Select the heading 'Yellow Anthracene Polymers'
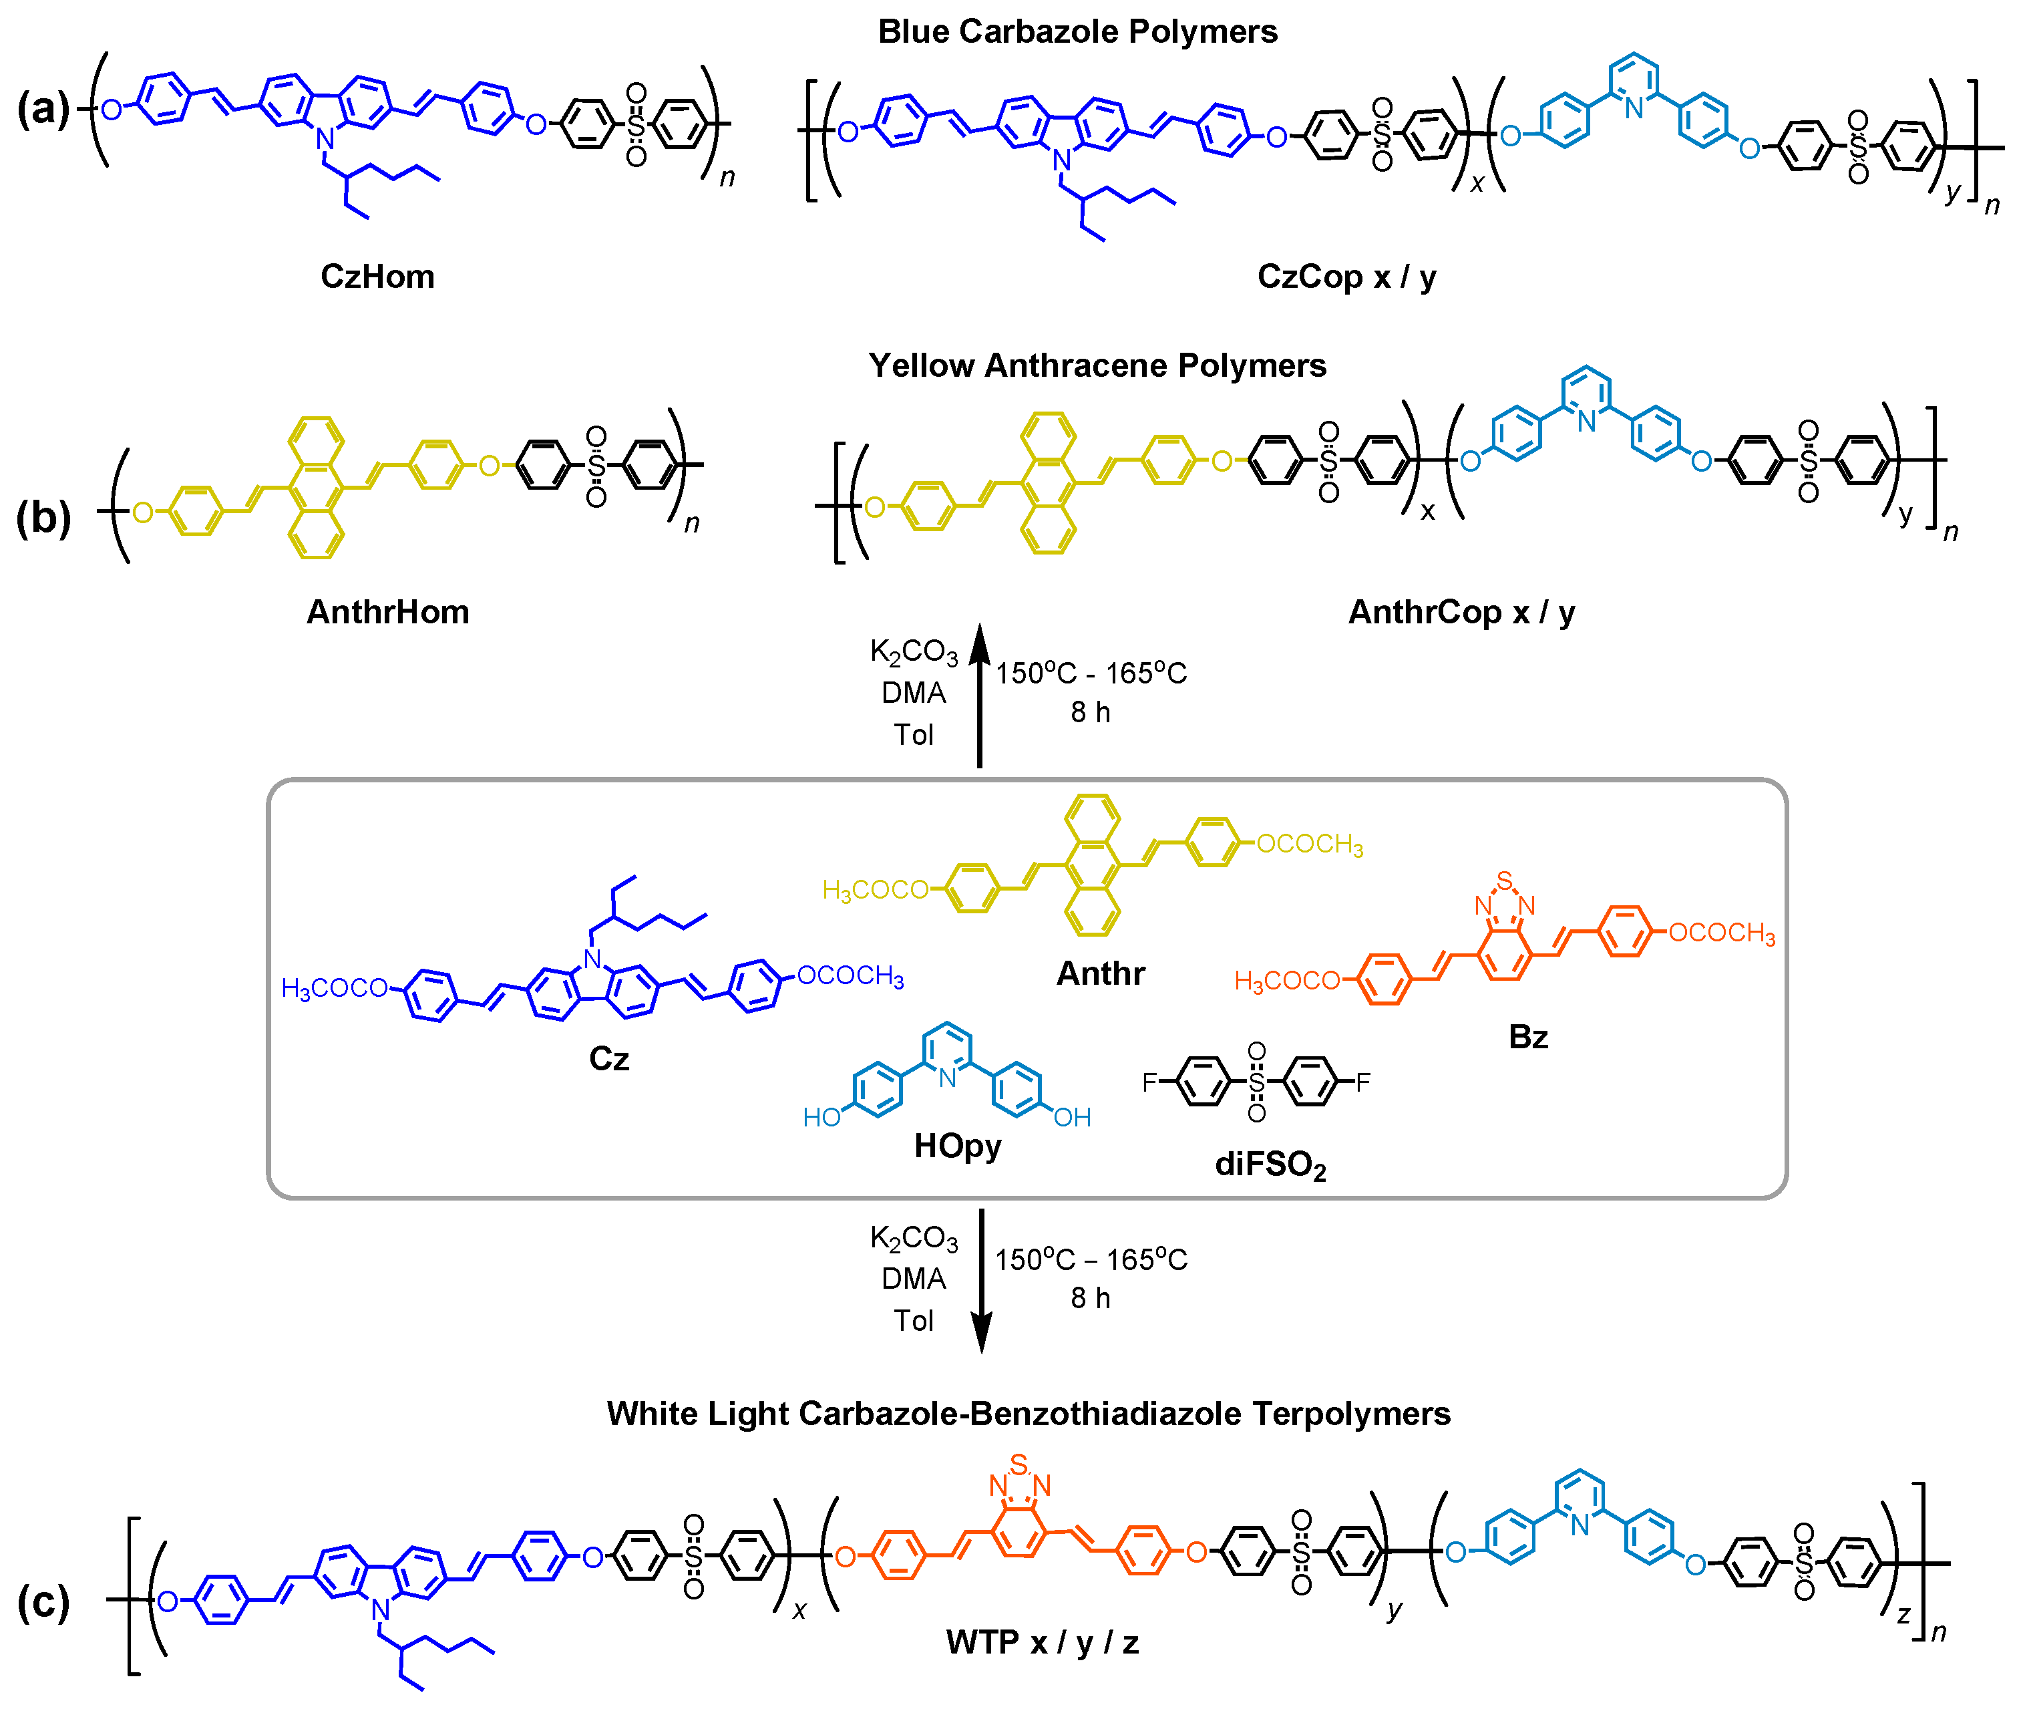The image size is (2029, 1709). coord(1097,365)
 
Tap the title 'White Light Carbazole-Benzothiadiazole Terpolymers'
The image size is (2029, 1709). coord(1028,1414)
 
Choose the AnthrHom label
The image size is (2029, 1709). coord(387,612)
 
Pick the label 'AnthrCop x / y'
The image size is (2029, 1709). coord(1461,612)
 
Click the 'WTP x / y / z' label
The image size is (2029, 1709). coord(1042,1642)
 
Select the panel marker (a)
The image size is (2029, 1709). coord(43,108)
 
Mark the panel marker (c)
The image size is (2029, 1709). coord(43,1603)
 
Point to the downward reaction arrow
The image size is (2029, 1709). coord(980,1279)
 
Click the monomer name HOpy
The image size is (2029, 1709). coord(957,1146)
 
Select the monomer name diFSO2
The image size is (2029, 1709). coord(1270,1164)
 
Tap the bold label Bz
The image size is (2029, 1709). coord(1527,1038)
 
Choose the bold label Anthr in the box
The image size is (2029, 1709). coord(1100,973)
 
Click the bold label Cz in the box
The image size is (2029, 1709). coord(608,1059)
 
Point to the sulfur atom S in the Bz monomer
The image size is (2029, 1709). coord(1503,880)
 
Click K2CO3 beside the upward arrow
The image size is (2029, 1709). coord(912,652)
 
